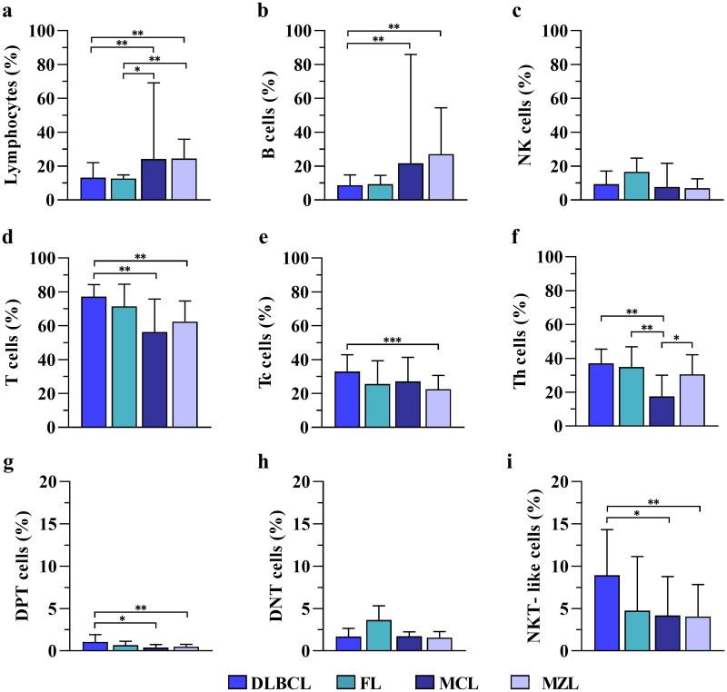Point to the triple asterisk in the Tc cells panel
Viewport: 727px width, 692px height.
tap(393, 340)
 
